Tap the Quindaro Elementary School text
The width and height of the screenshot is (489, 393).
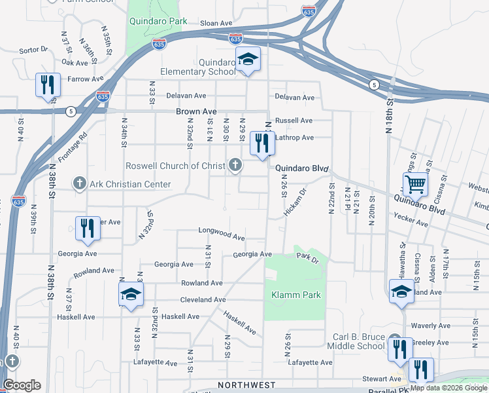click(x=198, y=67)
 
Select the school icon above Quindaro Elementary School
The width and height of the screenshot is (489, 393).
click(x=248, y=60)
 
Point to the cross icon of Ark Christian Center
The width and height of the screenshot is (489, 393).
click(x=79, y=183)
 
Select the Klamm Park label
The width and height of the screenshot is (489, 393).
click(x=296, y=295)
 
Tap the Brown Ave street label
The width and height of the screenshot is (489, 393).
click(x=196, y=112)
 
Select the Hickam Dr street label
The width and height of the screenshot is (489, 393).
click(x=295, y=204)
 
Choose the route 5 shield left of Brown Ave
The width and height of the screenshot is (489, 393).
click(x=70, y=111)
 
